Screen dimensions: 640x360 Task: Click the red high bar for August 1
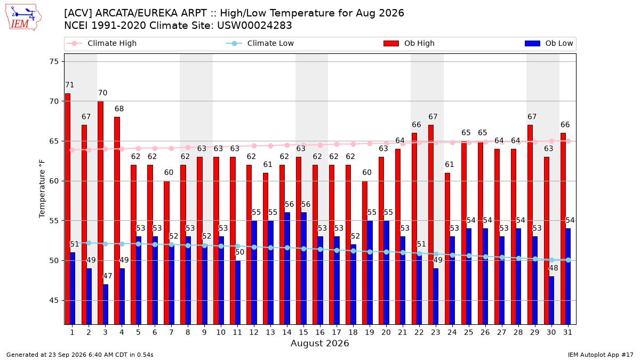67,209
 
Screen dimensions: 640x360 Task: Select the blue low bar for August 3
106,305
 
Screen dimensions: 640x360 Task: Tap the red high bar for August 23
431,225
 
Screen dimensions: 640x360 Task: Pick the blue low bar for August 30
551,300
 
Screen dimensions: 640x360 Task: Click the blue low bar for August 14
287,268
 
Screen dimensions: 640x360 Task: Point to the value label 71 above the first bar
70,85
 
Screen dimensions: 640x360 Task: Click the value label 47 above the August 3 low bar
107,276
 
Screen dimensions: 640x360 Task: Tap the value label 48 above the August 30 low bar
554,268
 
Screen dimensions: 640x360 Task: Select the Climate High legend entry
101,43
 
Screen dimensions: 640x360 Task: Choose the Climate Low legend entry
260,43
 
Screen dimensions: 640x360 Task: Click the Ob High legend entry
409,43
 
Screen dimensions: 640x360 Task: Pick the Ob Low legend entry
549,43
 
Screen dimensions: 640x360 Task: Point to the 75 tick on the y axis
54,62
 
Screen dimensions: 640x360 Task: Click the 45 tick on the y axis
54,301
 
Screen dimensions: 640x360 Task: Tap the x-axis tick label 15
303,333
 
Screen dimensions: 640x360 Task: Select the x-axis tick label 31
567,333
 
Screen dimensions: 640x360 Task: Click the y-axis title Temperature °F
42,189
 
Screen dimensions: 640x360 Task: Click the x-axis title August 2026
319,343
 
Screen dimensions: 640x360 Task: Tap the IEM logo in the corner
23,18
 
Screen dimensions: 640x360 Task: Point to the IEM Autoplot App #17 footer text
601,355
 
